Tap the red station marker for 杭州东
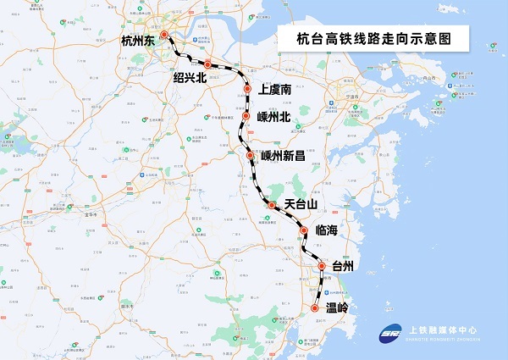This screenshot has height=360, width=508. click(165, 36)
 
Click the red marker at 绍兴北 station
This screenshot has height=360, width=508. click(207, 64)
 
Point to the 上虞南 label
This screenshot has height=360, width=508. click(276, 89)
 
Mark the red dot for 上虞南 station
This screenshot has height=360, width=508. click(247, 89)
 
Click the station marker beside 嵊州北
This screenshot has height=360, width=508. click(246, 116)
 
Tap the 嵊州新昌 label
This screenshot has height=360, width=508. click(288, 156)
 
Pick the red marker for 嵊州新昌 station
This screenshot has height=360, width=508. click(250, 156)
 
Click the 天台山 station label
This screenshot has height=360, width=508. click(301, 204)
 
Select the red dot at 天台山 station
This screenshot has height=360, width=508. click(271, 205)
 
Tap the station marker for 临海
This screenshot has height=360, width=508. click(304, 230)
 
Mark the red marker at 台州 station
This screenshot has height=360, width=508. click(322, 266)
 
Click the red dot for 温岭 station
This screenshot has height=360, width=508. click(315, 309)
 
